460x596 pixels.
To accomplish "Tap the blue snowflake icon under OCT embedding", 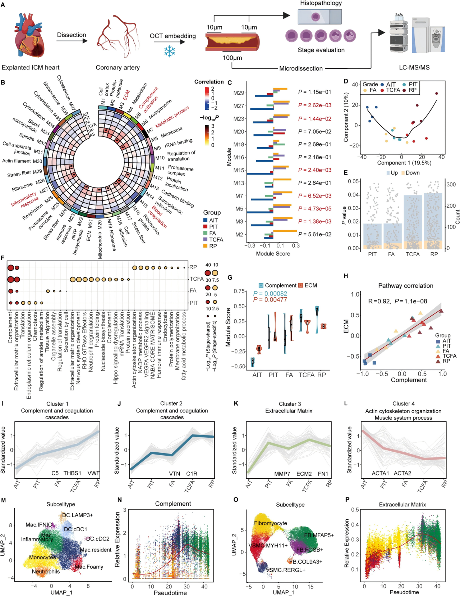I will tap(170, 51).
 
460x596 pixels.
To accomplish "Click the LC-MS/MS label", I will tap(414, 67).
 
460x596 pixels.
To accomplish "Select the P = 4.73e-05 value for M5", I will tap(314, 209).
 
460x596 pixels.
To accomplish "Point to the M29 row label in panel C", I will tap(239, 93).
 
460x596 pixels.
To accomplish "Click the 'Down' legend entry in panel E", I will tap(410, 173).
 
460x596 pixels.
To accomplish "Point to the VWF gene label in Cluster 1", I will tap(93, 473).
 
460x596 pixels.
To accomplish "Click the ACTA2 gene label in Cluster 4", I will tap(402, 473).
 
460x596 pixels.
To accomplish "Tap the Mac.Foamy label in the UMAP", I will tap(89, 567).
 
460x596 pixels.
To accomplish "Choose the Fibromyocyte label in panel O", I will tap(270, 523).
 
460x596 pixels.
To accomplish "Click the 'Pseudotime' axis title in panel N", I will tap(170, 593).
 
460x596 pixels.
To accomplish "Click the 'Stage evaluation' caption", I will tap(321, 50).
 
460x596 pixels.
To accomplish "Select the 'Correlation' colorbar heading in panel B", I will tap(209, 82).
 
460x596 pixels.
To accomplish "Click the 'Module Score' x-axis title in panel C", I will tap(273, 254).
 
